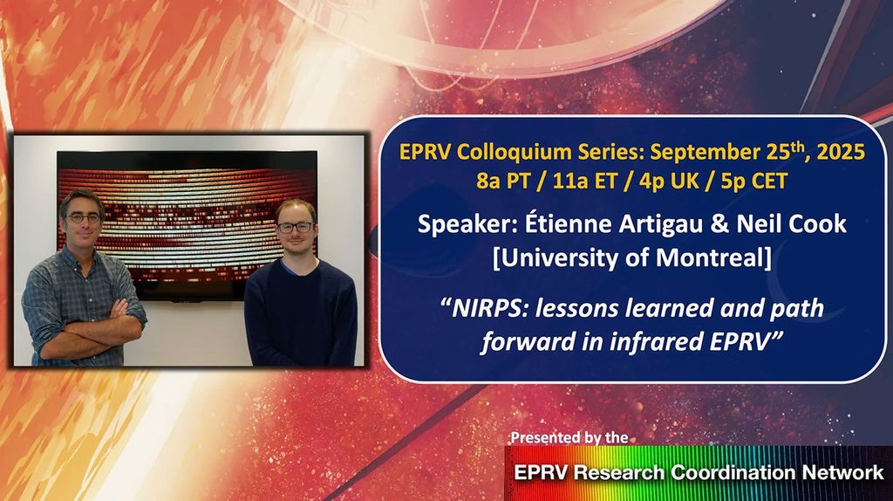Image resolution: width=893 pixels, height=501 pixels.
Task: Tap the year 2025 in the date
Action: pos(836,152)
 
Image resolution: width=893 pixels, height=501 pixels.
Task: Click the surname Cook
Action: pos(815,224)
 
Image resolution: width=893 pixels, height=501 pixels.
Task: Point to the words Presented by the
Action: pos(568,436)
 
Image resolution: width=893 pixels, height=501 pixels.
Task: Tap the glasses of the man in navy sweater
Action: pos(294,227)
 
